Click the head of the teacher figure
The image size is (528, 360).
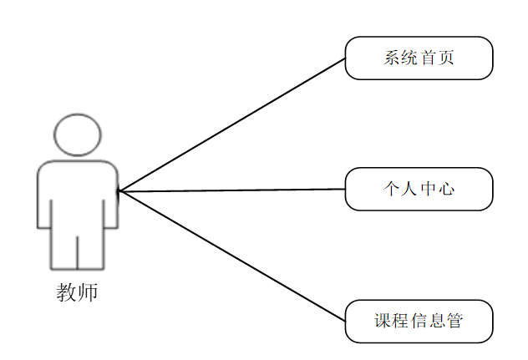78,134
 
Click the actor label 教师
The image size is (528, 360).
77,292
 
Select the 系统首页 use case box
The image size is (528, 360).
419,58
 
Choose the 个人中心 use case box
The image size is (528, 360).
419,189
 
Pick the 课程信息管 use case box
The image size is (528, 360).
419,321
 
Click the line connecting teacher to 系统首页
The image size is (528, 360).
234,124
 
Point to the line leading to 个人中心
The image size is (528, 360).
234,190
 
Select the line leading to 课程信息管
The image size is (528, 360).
234,256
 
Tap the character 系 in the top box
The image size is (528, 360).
392,58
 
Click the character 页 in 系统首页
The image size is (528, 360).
447,58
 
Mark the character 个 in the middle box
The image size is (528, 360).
392,189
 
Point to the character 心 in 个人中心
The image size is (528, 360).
447,189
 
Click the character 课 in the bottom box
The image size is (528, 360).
383,321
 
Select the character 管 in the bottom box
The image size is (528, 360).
455,321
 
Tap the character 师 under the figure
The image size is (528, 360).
88,292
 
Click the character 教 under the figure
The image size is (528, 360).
67,292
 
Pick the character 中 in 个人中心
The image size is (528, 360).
429,189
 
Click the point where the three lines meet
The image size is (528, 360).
119,191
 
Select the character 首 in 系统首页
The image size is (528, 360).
429,58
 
